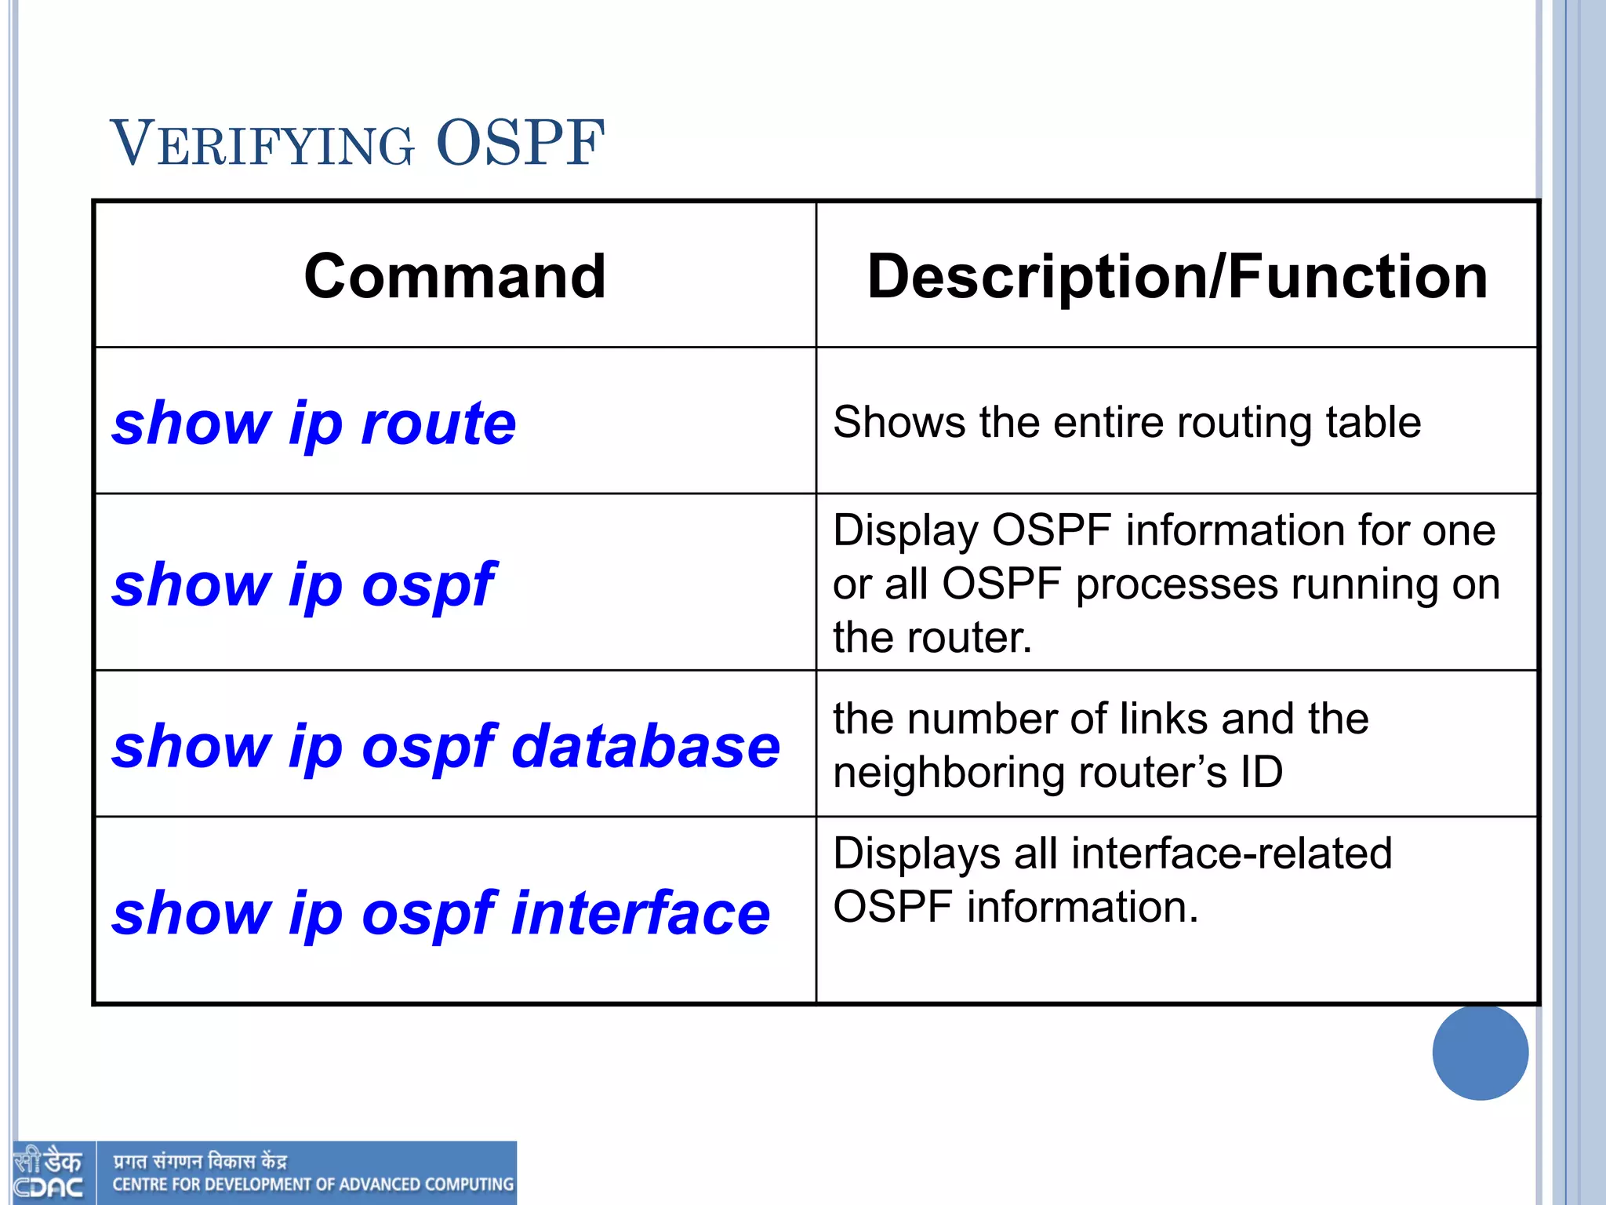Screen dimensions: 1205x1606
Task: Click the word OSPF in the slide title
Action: pos(520,144)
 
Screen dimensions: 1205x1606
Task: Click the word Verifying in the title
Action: pos(262,144)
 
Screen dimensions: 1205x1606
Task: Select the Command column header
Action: pos(455,276)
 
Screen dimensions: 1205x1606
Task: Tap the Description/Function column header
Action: pos(1177,276)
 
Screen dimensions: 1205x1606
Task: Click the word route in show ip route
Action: pos(438,423)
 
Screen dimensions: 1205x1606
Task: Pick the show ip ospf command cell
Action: pos(304,584)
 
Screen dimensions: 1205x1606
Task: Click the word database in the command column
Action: pos(645,746)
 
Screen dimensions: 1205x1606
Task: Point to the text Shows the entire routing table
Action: pos(1126,422)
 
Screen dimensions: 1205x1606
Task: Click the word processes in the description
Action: pos(1176,584)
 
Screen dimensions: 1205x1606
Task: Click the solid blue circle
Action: pos(1480,1052)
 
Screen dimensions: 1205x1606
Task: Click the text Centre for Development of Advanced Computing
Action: pos(313,1185)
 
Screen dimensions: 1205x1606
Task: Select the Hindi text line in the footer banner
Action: pos(200,1161)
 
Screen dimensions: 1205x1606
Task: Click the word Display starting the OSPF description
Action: pos(905,531)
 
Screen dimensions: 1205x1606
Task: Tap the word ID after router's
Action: pos(1261,772)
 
